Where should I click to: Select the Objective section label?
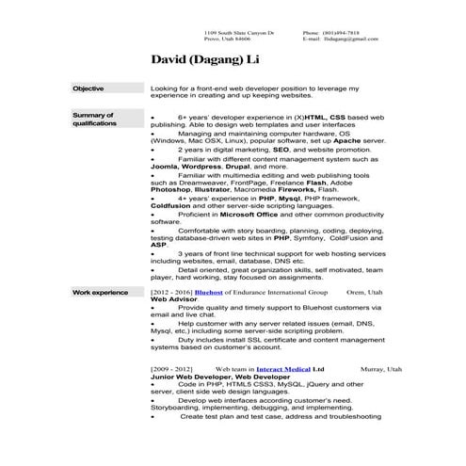pos(88,88)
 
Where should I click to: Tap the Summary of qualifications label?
pos(93,118)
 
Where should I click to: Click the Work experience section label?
pos(100,293)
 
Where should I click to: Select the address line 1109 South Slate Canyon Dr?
pos(240,33)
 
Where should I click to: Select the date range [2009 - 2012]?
pos(171,371)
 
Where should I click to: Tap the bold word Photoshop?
pos(171,188)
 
